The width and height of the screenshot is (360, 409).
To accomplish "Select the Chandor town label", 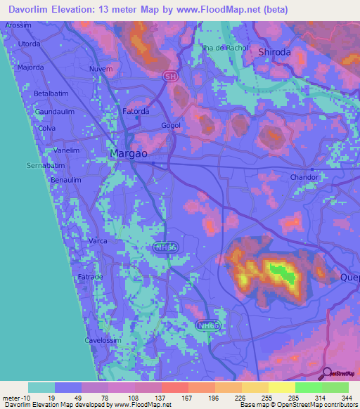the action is pos(305,177).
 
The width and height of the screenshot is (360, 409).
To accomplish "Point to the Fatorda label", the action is pos(136,111).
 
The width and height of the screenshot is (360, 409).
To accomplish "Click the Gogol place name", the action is pos(171,125).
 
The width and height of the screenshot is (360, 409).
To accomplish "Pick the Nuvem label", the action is pos(101,69).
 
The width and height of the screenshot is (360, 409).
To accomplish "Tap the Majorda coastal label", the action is pos(30,67).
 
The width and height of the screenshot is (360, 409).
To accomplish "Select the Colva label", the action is pos(47,129).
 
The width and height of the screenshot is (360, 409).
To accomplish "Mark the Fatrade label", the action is pos(89,277).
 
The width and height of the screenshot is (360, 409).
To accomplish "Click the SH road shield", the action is pos(169,75).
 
